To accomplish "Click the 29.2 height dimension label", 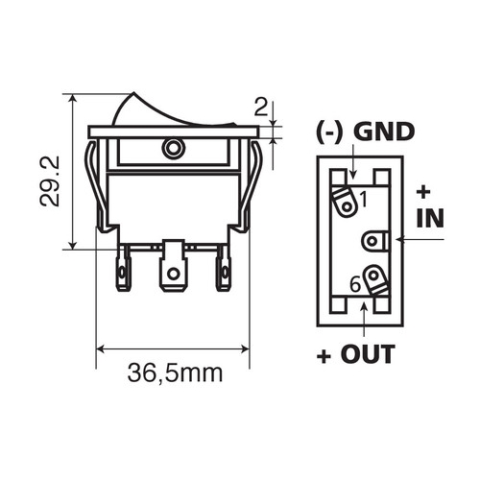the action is [49, 181].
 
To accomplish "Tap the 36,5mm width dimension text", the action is [175, 373].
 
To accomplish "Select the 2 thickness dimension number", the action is [260, 107].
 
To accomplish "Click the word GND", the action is [384, 132].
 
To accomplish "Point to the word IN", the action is [430, 218].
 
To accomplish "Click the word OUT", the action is [368, 353].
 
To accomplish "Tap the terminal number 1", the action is [363, 199].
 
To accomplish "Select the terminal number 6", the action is [355, 284].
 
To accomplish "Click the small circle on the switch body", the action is [174, 149].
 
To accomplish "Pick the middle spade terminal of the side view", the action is [173, 266].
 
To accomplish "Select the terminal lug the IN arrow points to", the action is [375, 241].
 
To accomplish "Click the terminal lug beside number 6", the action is [376, 279].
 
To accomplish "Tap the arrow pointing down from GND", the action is [353, 161].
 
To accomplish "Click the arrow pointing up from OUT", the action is [364, 319].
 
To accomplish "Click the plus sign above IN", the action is [423, 192].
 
